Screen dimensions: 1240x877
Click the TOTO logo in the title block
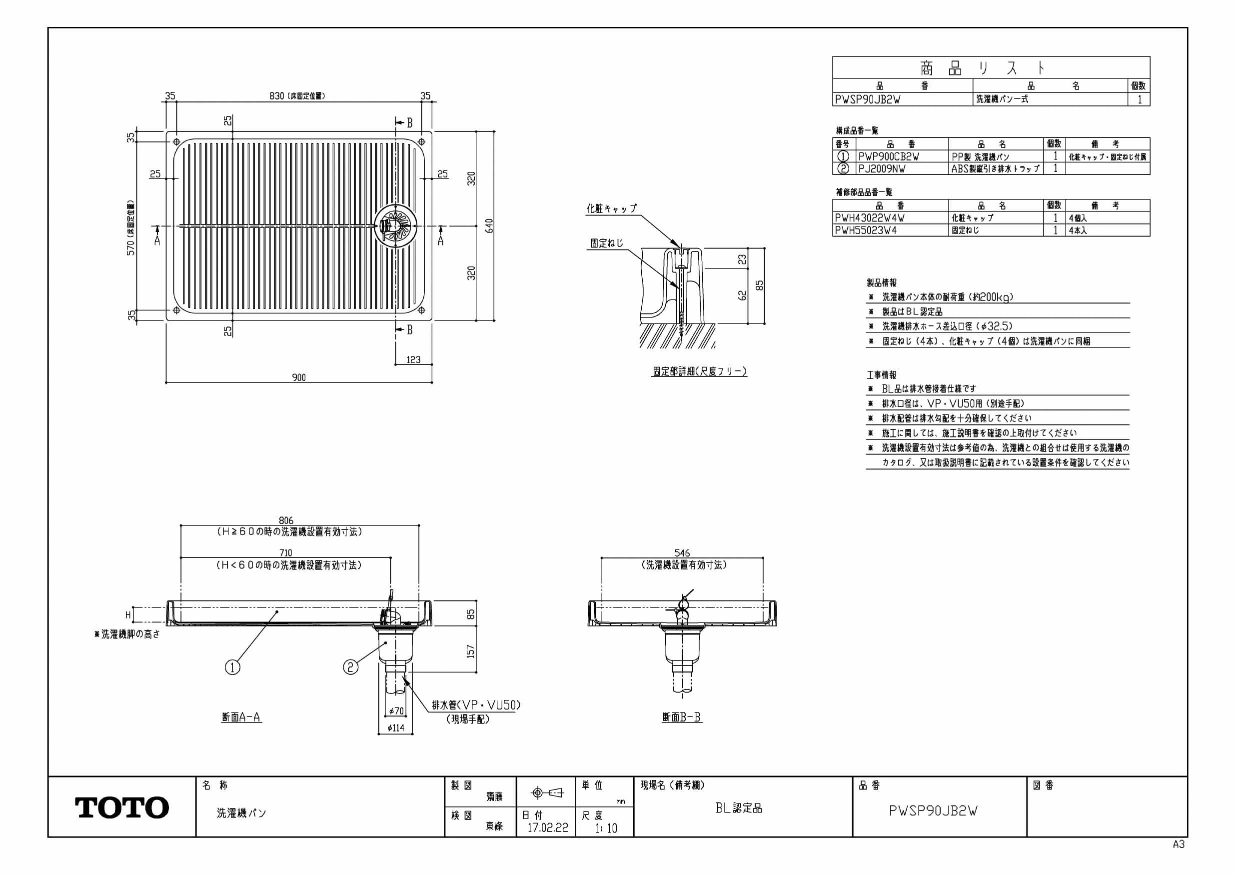(122, 807)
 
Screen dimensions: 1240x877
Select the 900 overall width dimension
(299, 377)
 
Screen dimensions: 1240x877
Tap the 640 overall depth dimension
(489, 226)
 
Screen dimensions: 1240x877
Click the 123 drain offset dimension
(414, 360)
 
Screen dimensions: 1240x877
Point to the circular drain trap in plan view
(396, 225)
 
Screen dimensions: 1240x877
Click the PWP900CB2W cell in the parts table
(889, 156)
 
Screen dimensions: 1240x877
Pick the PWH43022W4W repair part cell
(870, 218)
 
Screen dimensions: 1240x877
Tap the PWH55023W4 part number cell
(866, 230)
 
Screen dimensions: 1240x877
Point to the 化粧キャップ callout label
(612, 208)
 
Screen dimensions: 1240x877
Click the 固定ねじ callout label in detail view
(606, 243)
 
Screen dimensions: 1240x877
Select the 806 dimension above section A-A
(286, 521)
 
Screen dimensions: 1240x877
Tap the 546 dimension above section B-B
(682, 553)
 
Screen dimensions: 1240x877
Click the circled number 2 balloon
(351, 667)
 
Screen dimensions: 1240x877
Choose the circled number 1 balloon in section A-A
(232, 667)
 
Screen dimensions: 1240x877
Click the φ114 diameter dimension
(396, 728)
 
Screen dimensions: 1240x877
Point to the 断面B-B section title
(682, 717)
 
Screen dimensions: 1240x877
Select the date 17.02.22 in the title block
(548, 828)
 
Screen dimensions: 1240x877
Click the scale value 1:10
(606, 828)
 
